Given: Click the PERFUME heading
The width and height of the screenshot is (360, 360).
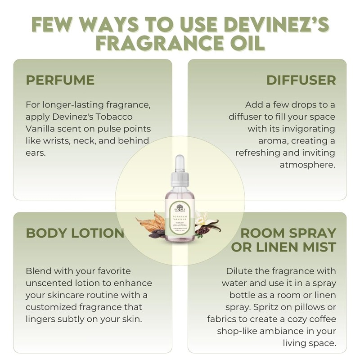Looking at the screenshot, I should point(60,80).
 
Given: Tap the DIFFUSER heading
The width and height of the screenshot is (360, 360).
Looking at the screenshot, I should point(301,80).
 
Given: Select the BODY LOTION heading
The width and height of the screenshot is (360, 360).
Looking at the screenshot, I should point(75,233).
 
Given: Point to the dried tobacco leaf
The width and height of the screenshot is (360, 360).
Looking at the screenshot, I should point(151,225).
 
